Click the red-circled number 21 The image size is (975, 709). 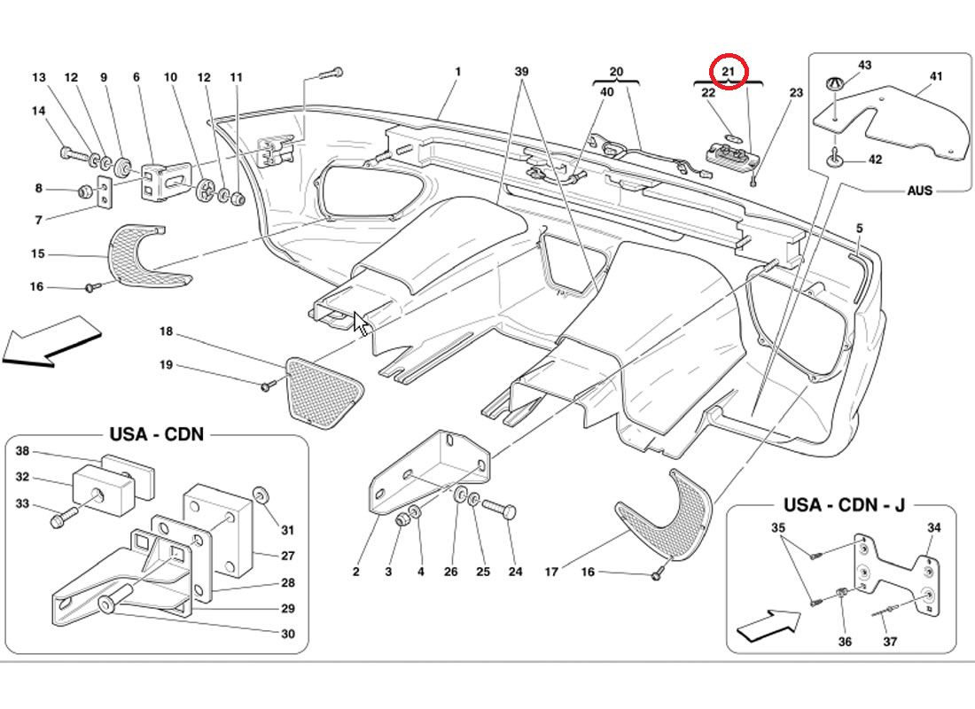pyautogui.click(x=729, y=71)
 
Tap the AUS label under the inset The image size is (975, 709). pyautogui.click(x=919, y=191)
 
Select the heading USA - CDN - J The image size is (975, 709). pyautogui.click(x=844, y=505)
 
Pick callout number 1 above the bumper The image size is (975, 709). pyautogui.click(x=458, y=72)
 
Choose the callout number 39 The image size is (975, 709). pyautogui.click(x=522, y=72)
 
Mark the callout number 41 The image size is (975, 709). pyautogui.click(x=936, y=77)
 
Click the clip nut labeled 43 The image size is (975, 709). pyautogui.click(x=833, y=84)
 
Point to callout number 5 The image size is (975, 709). pyautogui.click(x=859, y=230)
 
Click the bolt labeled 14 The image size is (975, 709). pyautogui.click(x=74, y=153)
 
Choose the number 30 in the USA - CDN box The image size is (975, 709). pyautogui.click(x=287, y=634)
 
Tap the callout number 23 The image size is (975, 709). pyautogui.click(x=796, y=92)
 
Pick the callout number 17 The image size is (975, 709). pyautogui.click(x=551, y=573)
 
